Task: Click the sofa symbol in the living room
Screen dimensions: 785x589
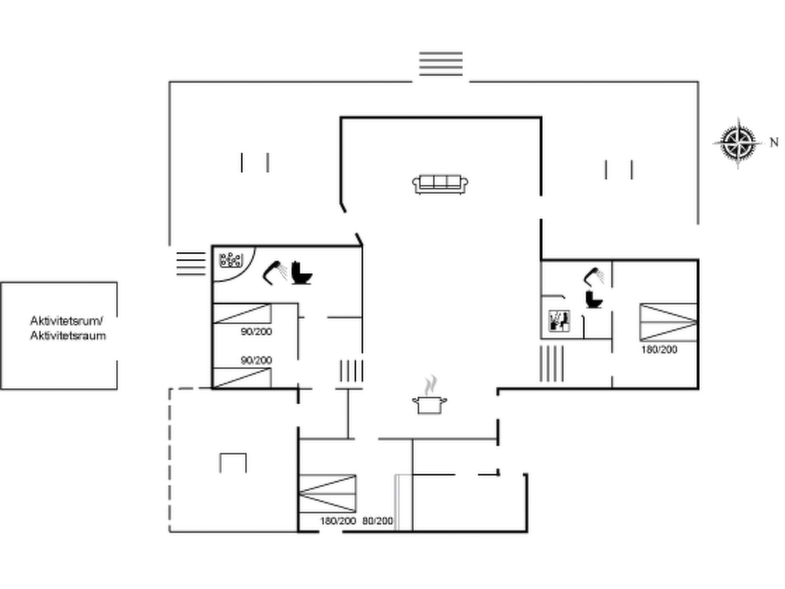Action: [440, 184]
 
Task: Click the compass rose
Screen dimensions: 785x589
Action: [738, 143]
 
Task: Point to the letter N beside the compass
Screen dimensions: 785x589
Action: [774, 142]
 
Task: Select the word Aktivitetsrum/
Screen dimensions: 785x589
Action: [66, 321]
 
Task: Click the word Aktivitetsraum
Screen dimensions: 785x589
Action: [68, 336]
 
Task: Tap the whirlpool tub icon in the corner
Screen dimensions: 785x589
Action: [231, 260]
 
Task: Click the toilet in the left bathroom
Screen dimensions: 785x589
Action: [302, 273]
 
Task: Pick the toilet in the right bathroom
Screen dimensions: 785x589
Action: [594, 299]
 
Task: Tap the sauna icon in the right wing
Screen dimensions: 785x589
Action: [559, 321]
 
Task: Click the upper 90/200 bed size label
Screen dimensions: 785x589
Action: [256, 331]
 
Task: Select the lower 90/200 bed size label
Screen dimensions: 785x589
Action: [256, 360]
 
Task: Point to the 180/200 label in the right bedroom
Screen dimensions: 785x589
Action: [659, 349]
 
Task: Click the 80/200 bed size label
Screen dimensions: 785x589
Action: [378, 521]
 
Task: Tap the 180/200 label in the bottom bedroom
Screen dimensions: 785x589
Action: [338, 521]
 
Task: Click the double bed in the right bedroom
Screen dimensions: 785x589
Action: [668, 322]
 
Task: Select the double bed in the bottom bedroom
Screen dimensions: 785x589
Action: [327, 494]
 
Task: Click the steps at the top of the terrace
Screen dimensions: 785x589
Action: [441, 64]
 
